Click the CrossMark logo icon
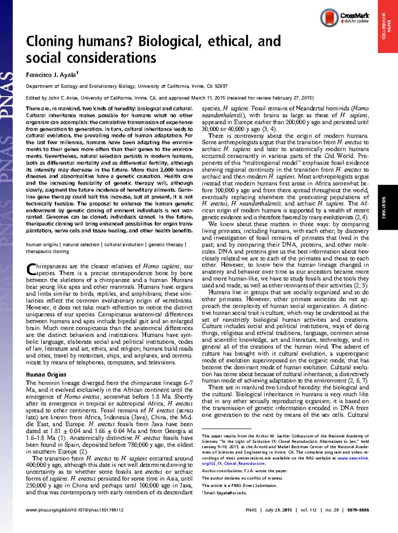coord(329,18)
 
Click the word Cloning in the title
coord(49,41)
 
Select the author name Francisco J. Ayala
coord(51,75)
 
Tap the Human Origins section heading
coord(46,374)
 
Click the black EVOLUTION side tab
coord(387,207)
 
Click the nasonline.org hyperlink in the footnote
coord(353,458)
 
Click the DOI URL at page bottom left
coord(75,510)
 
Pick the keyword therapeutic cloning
coord(47,251)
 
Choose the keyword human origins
coord(42,245)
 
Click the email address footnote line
coord(225,493)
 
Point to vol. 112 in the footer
coord(308,510)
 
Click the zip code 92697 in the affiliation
coord(221,86)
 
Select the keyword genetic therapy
coord(166,245)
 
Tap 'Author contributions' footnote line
coord(244,471)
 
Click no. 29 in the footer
coord(332,510)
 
